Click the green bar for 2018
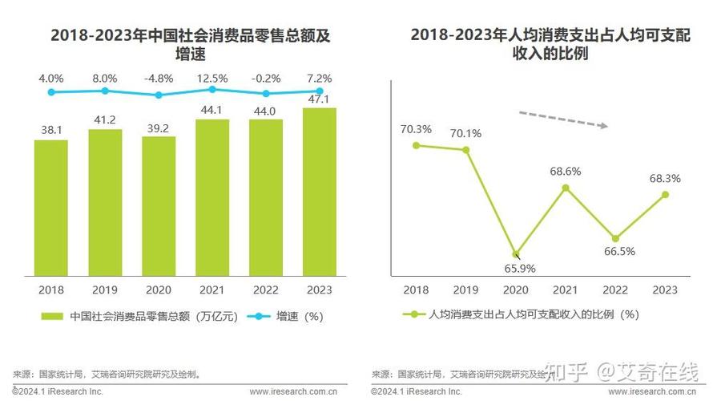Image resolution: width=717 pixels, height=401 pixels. [51, 209]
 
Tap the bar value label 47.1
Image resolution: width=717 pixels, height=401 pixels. [320, 99]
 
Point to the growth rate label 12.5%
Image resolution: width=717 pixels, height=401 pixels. [212, 79]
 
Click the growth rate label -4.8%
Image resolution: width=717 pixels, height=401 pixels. [159, 79]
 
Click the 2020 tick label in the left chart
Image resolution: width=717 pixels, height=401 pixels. [159, 290]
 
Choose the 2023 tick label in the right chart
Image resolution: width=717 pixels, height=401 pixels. [665, 290]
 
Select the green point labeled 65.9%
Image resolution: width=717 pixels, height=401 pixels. [517, 254]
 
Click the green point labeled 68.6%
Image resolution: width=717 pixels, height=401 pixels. [566, 188]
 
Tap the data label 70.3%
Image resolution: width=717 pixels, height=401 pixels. [417, 128]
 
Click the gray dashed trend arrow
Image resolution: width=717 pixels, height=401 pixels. [564, 119]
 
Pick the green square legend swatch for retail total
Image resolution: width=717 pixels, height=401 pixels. [51, 316]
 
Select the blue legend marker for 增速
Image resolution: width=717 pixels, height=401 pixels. [256, 316]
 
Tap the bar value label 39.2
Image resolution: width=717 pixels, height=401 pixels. [159, 127]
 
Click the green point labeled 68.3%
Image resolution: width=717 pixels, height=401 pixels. [665, 194]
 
